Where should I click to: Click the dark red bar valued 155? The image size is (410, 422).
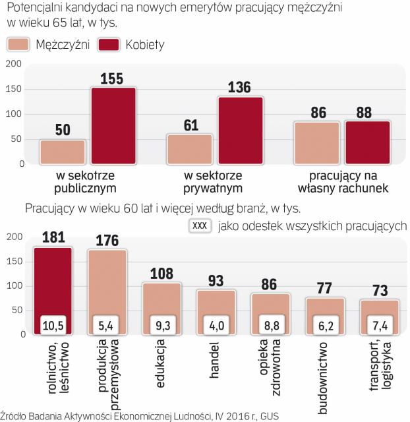(113, 125)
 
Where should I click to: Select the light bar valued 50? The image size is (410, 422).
(63, 152)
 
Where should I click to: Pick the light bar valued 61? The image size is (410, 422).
(190, 148)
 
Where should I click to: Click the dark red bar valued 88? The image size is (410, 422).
(368, 142)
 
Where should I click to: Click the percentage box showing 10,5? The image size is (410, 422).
(53, 324)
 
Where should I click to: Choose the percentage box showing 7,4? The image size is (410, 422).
(378, 324)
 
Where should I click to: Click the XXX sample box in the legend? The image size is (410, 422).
(199, 225)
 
